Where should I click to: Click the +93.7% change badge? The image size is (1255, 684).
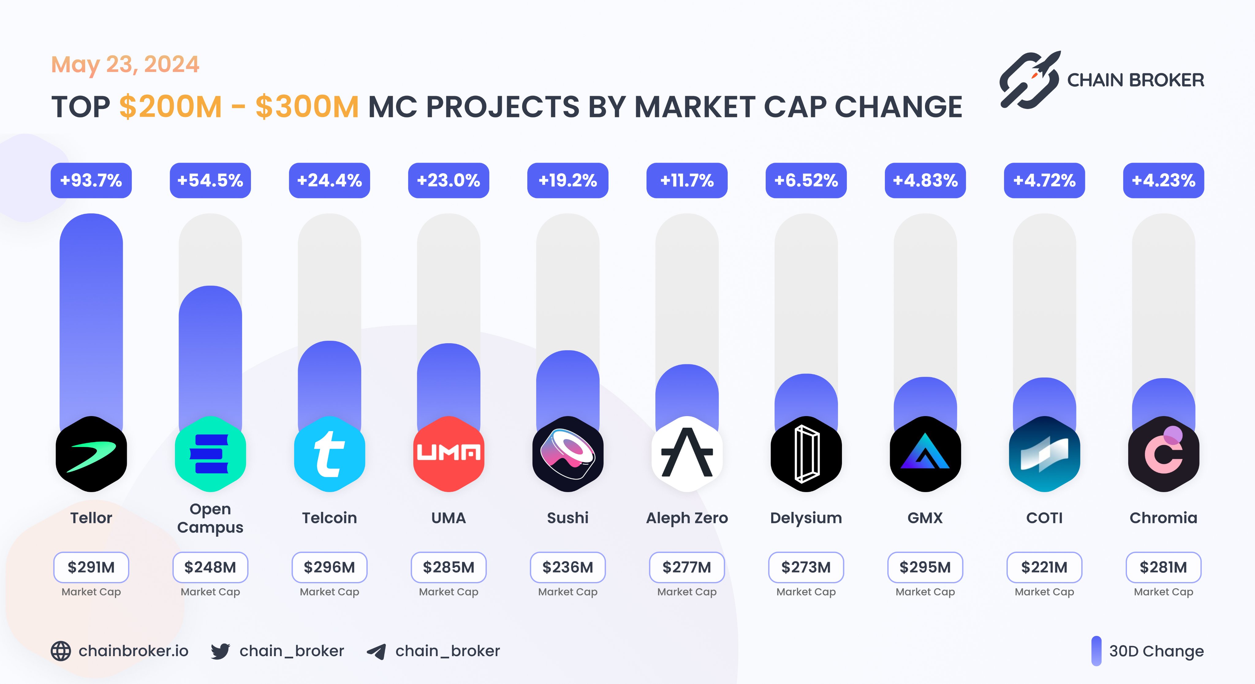91,181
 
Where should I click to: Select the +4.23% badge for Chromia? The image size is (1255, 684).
1163,181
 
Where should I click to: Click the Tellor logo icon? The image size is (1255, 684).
91,454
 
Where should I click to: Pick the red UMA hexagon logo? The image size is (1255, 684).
449,454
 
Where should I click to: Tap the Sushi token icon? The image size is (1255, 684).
567,454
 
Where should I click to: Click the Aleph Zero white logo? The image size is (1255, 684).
687,454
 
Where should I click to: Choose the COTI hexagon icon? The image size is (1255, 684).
1044,454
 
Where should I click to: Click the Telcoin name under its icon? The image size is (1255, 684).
329,518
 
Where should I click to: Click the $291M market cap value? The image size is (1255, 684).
91,567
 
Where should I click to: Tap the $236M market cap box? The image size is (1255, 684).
567,567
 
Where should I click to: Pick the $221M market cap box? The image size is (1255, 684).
1044,567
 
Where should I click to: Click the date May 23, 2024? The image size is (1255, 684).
125,64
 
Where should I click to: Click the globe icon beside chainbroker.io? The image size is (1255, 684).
61,651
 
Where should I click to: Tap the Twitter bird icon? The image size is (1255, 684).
220,651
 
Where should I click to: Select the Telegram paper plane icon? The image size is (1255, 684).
376,651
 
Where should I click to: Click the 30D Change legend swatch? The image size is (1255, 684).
1096,651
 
